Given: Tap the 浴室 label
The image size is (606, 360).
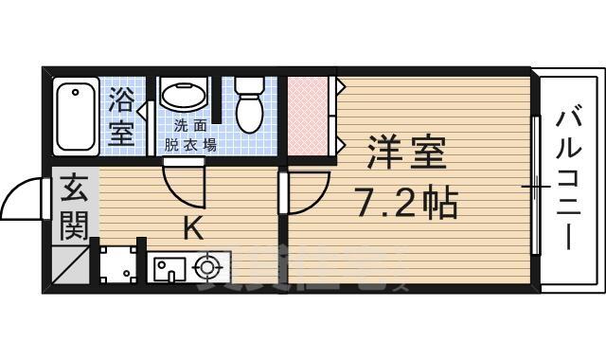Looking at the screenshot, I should [121, 116].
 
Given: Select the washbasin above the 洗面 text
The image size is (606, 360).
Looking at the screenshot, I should [187, 97].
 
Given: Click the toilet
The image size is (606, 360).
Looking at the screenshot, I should [250, 105].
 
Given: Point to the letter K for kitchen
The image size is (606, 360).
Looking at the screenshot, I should [191, 228].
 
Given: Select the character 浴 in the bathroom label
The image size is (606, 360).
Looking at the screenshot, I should [121, 99].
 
